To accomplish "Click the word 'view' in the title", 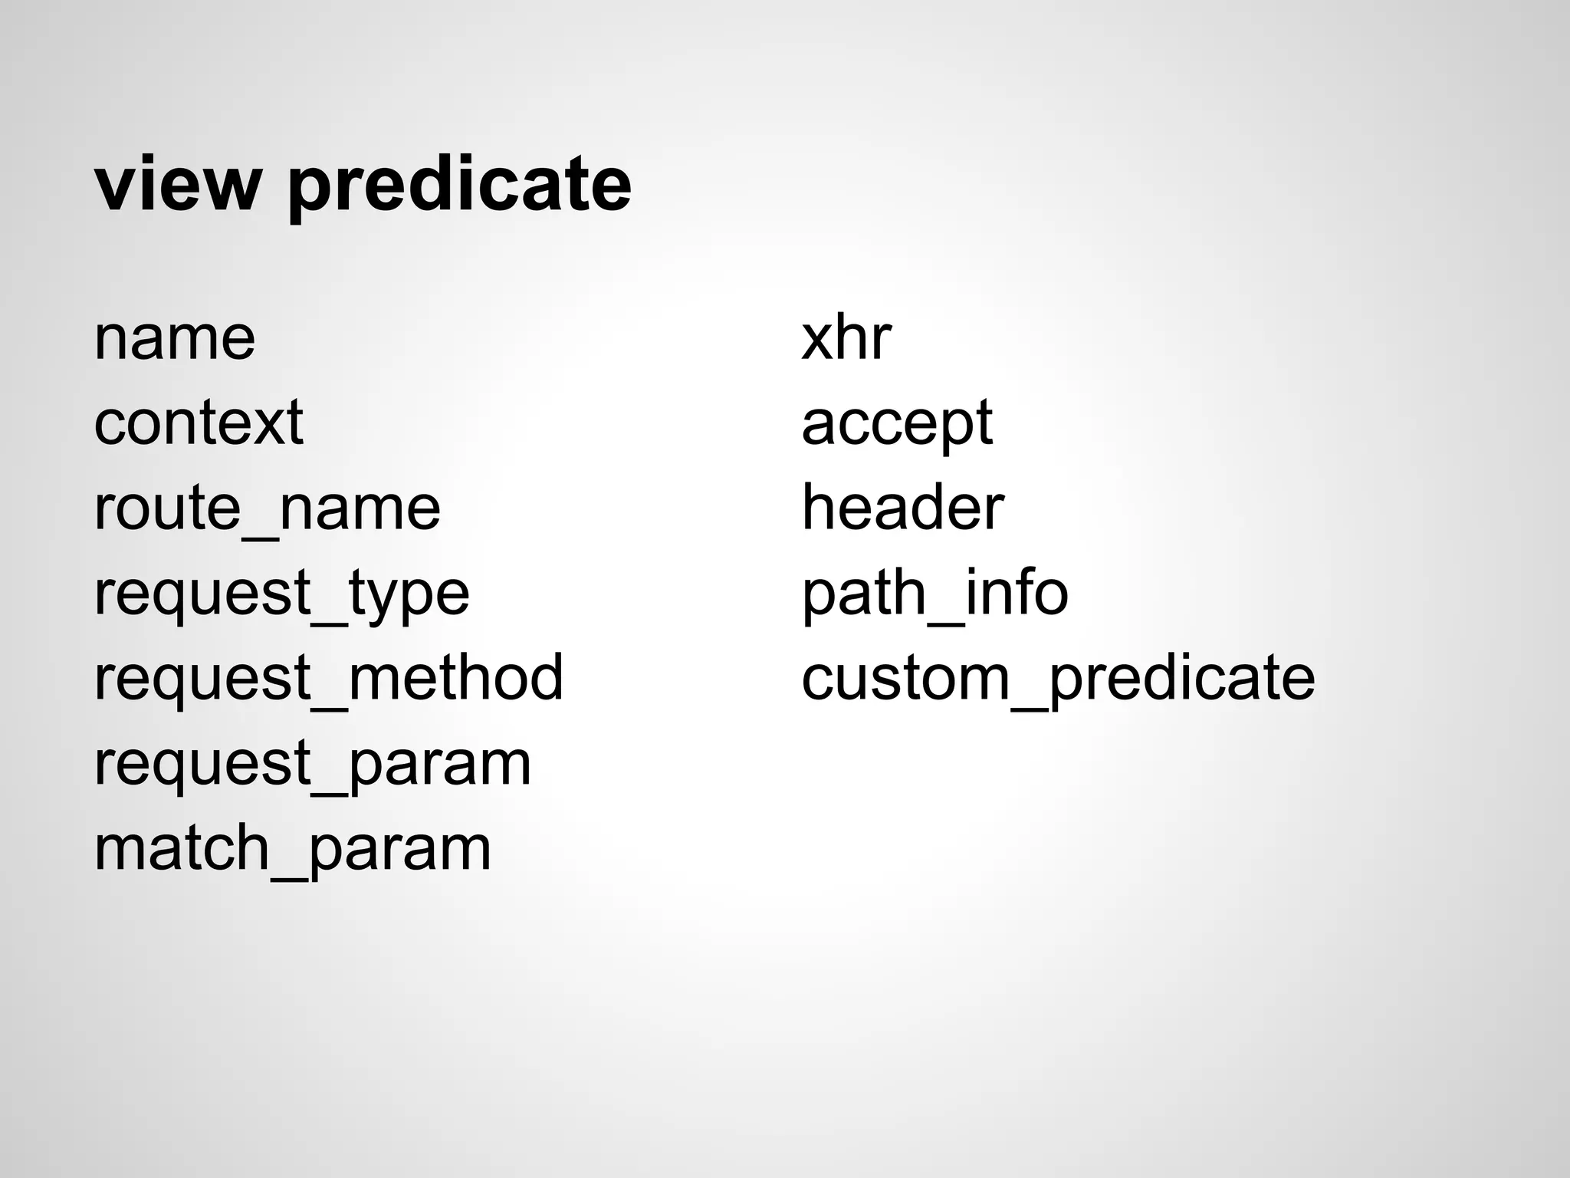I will click(x=178, y=184).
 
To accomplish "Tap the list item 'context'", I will click(x=199, y=423).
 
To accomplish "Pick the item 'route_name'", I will click(x=267, y=508).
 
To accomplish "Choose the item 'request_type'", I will click(x=281, y=594).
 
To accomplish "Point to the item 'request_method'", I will click(x=328, y=678).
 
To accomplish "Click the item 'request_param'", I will click(x=312, y=764).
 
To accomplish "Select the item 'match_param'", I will click(x=292, y=848).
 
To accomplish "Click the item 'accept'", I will click(x=897, y=424).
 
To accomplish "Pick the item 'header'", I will click(x=902, y=508).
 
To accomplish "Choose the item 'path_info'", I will click(x=934, y=594).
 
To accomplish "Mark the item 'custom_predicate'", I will click(x=1058, y=679).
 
